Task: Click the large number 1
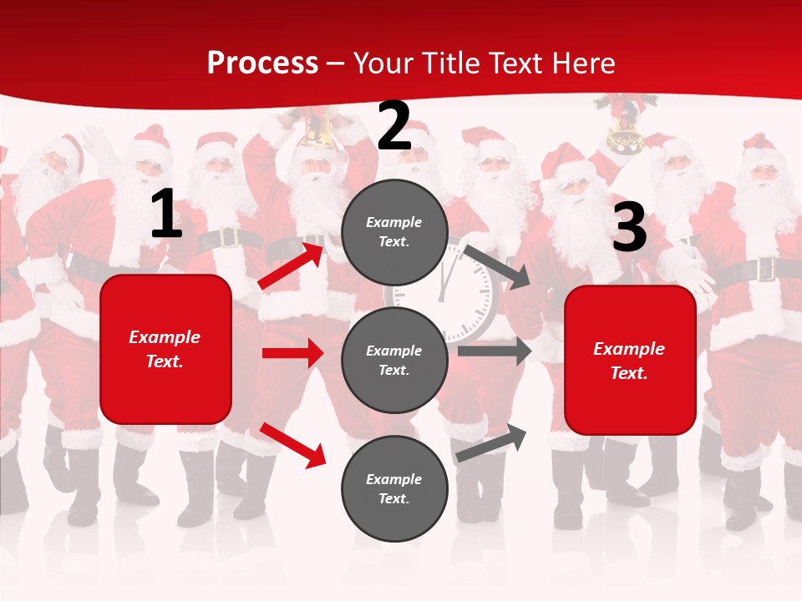pyautogui.click(x=166, y=215)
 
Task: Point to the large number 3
pyautogui.click(x=629, y=227)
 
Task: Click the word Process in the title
pyautogui.click(x=262, y=63)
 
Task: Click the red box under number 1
pyautogui.click(x=165, y=349)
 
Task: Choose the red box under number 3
pyautogui.click(x=630, y=361)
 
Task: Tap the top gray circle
pyautogui.click(x=394, y=232)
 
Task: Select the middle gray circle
pyautogui.click(x=394, y=360)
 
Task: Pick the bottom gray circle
pyautogui.click(x=394, y=488)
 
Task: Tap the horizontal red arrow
pyautogui.click(x=292, y=353)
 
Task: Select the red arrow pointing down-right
pyautogui.click(x=292, y=444)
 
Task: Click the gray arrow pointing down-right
pyautogui.click(x=496, y=266)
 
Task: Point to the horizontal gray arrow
pyautogui.click(x=495, y=351)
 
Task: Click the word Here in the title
pyautogui.click(x=584, y=63)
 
